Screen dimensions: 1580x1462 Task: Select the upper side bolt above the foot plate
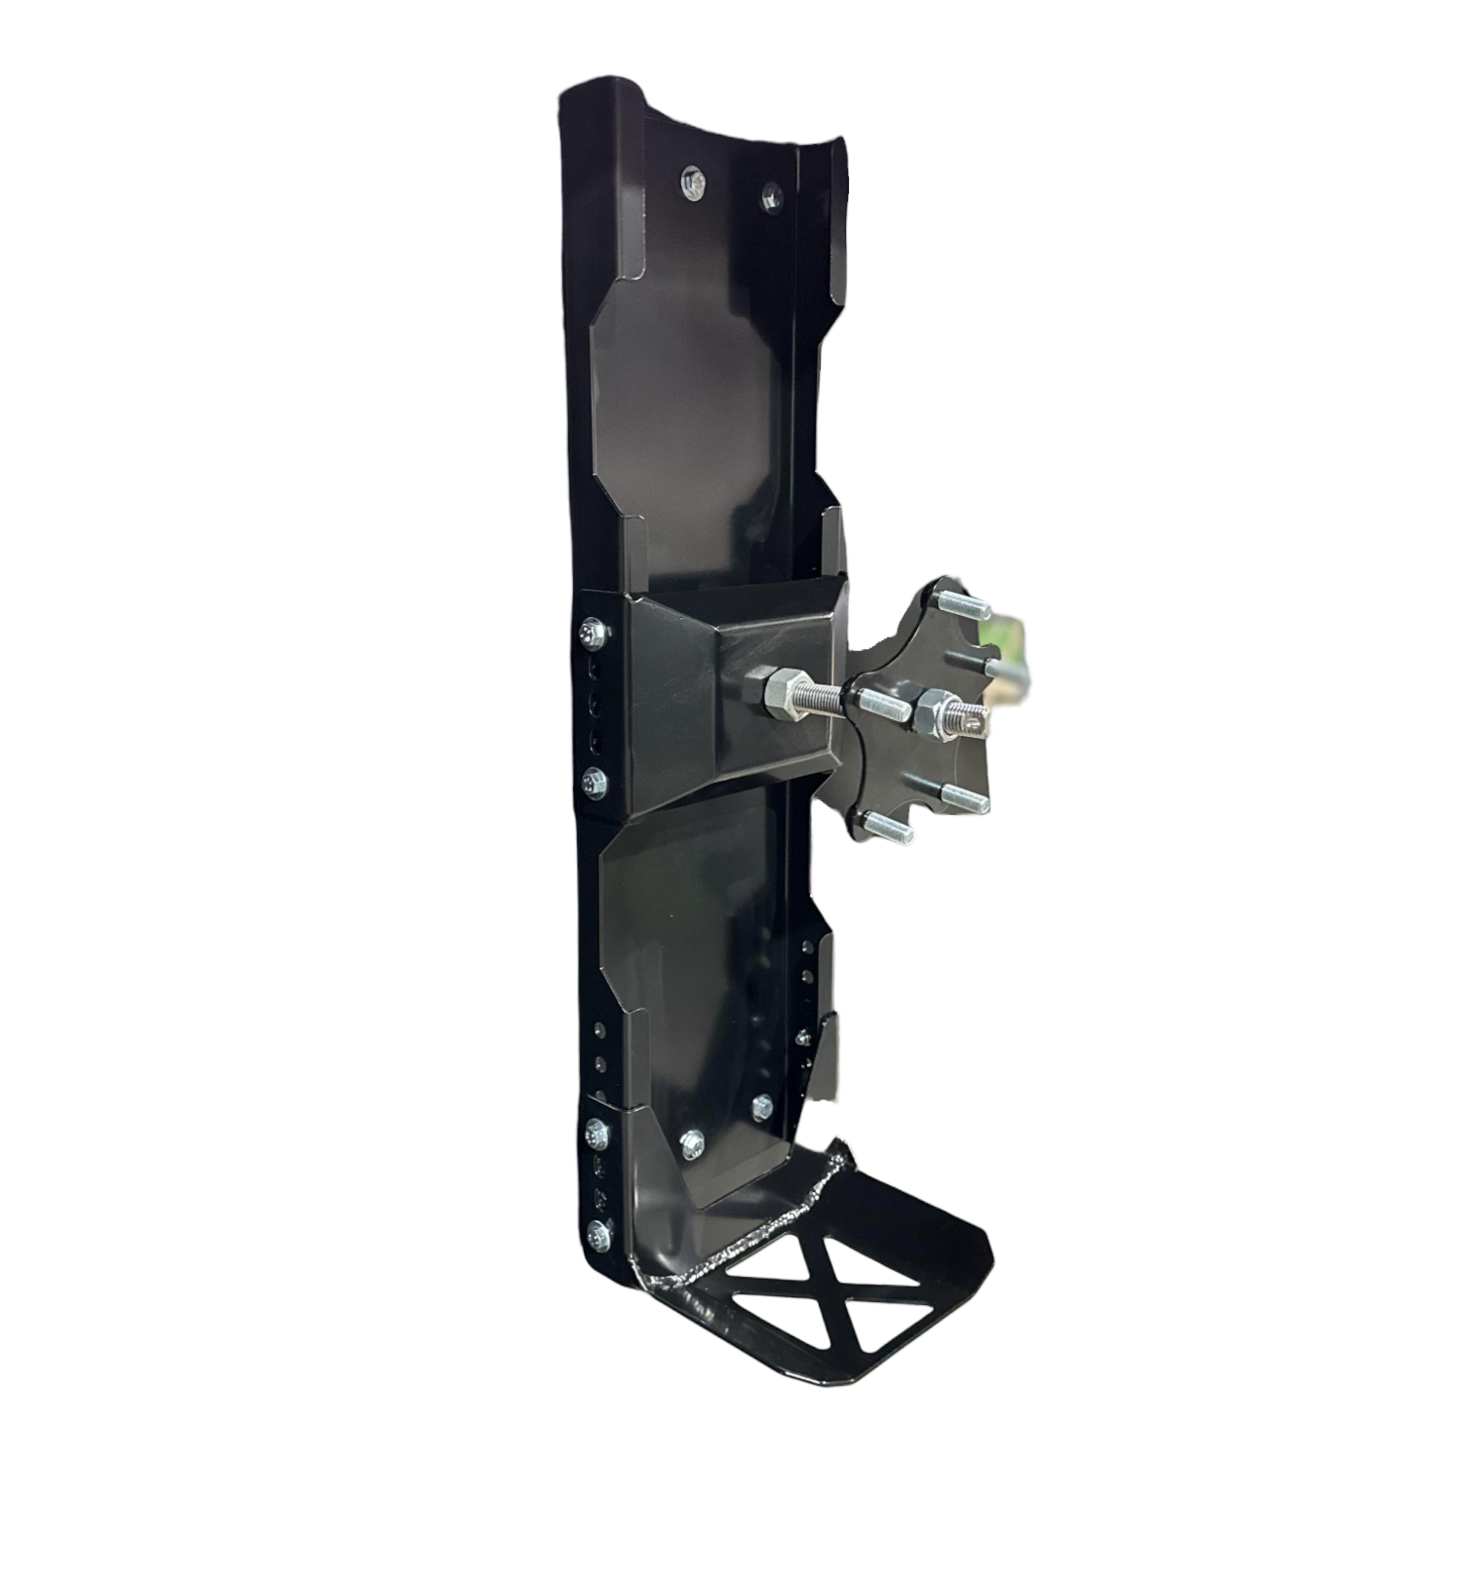(x=596, y=1132)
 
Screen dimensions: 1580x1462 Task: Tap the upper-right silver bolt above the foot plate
(x=762, y=1105)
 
